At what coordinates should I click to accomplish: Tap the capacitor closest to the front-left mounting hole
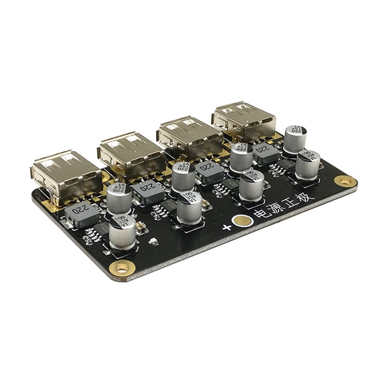[x=122, y=233]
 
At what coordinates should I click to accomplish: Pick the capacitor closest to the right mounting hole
[x=308, y=165]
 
